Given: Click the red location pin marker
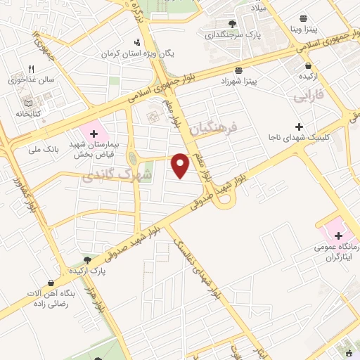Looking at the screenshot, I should pos(181,165).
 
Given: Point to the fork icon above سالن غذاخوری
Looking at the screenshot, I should pos(31,69).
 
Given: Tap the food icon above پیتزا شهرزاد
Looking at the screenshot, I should pos(239,70).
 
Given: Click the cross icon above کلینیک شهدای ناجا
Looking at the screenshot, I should pos(299,126).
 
